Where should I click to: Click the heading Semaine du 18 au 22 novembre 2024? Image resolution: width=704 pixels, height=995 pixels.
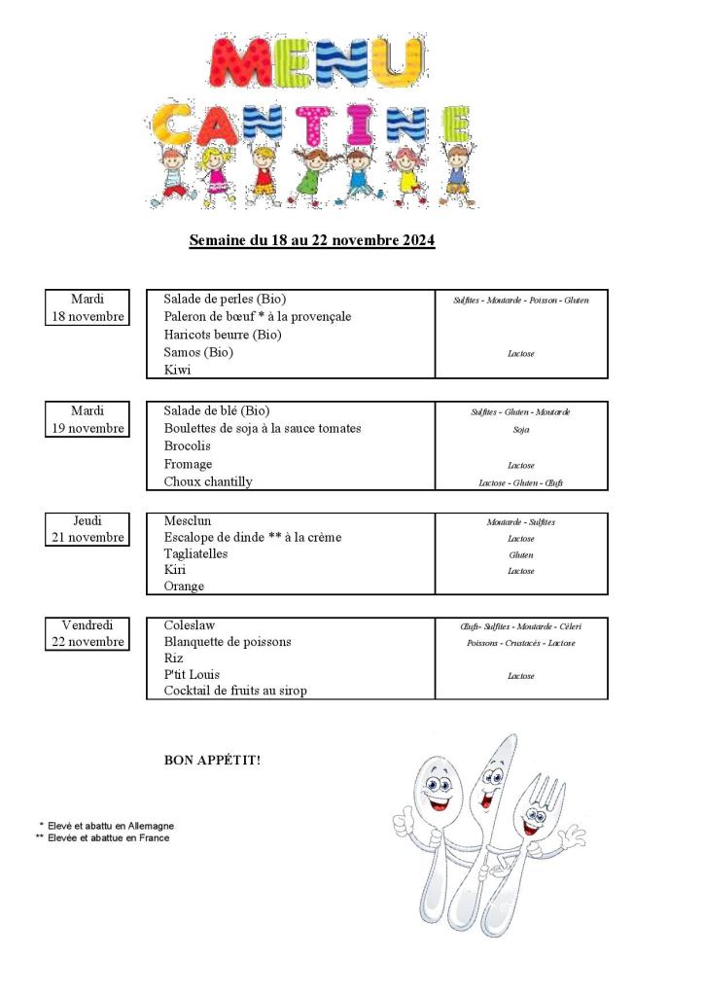[x=311, y=240]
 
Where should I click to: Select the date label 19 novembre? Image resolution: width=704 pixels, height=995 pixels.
[x=88, y=428]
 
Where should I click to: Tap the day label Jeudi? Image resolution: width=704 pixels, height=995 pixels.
[x=88, y=520]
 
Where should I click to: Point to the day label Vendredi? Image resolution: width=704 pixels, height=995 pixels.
[x=88, y=624]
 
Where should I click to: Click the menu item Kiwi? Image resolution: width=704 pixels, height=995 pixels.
[x=177, y=370]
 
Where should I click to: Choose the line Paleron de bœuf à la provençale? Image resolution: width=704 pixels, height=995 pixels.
[x=257, y=316]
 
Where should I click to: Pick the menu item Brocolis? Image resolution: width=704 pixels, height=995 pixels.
[x=187, y=445]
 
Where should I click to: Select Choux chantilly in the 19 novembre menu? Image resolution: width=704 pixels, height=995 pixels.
[x=207, y=481]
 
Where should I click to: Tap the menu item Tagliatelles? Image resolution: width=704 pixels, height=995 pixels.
[x=195, y=553]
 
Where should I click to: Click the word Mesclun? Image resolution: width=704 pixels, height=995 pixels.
[x=187, y=520]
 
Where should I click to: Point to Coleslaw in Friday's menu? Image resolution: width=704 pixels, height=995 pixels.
[x=190, y=625]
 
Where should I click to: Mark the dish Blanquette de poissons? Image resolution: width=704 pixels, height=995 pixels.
[x=227, y=642]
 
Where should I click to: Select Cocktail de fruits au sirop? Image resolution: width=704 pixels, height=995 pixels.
[x=235, y=691]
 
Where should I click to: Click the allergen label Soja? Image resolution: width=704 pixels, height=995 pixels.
[x=520, y=429]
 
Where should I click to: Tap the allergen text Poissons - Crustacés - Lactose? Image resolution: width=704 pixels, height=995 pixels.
[x=520, y=643]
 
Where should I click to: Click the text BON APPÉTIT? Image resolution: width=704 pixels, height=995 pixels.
[x=212, y=760]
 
